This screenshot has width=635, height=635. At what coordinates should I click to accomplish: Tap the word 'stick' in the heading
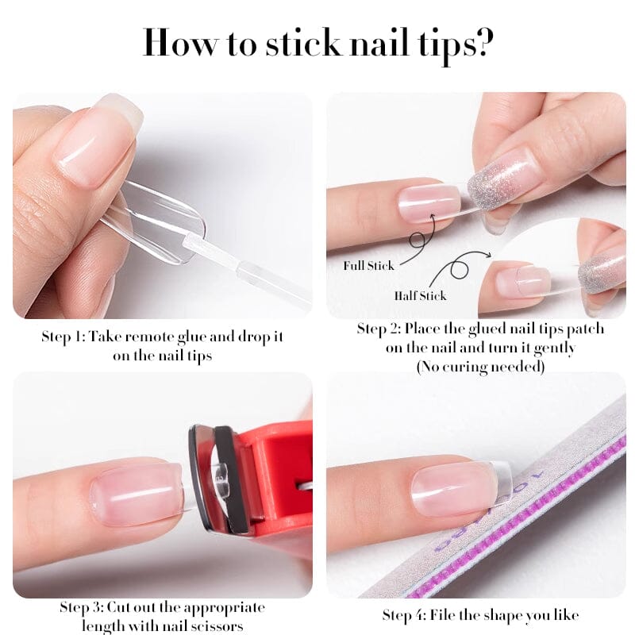pyautogui.click(x=303, y=43)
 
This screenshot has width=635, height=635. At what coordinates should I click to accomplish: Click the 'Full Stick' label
pyautogui.click(x=368, y=266)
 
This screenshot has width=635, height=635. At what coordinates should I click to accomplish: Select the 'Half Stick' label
pyautogui.click(x=421, y=295)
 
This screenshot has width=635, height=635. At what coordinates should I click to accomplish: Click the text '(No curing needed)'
pyautogui.click(x=480, y=367)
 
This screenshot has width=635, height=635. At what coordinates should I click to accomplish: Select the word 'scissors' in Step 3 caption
pyautogui.click(x=217, y=626)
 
